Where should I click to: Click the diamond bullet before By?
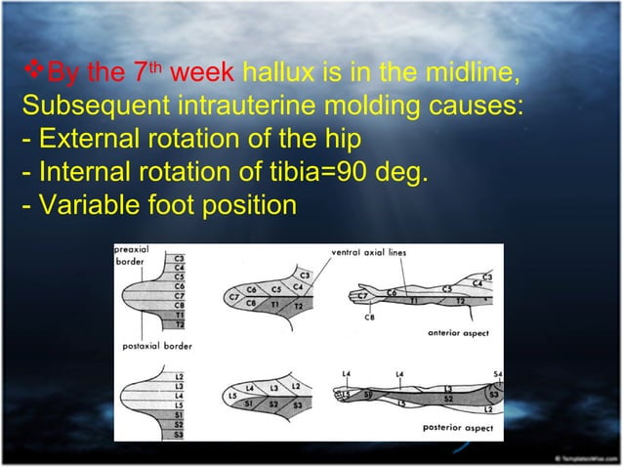coord(30,73)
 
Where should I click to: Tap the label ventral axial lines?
coord(369,253)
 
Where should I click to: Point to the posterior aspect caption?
coord(457,427)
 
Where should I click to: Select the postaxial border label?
coord(156,346)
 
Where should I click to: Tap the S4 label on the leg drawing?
coord(497,374)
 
